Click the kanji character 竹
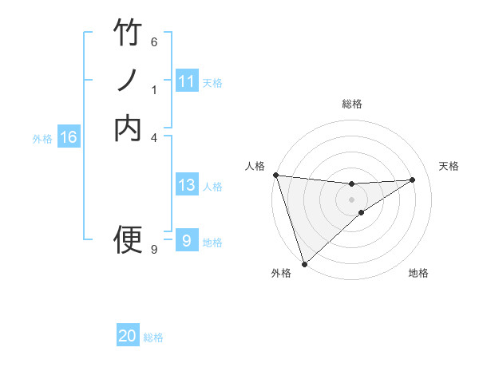[x=128, y=33]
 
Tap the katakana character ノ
[x=128, y=81]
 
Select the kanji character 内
[x=128, y=128]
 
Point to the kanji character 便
[x=128, y=239]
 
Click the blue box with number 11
[x=187, y=81]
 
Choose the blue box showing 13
[x=187, y=185]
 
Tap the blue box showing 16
[x=69, y=137]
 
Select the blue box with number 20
[x=128, y=337]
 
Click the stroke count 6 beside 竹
[x=154, y=41]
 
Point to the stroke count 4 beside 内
[x=154, y=137]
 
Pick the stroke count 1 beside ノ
[x=154, y=90]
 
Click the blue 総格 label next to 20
[x=153, y=337]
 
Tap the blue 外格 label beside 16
[x=42, y=138]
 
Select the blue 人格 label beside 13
[x=212, y=187]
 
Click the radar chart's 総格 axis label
[x=352, y=104]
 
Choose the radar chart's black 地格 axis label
[x=418, y=274]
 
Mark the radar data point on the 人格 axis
[x=275, y=175]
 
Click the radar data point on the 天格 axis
[x=413, y=180]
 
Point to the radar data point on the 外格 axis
[x=304, y=263]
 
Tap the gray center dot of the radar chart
[x=352, y=199]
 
